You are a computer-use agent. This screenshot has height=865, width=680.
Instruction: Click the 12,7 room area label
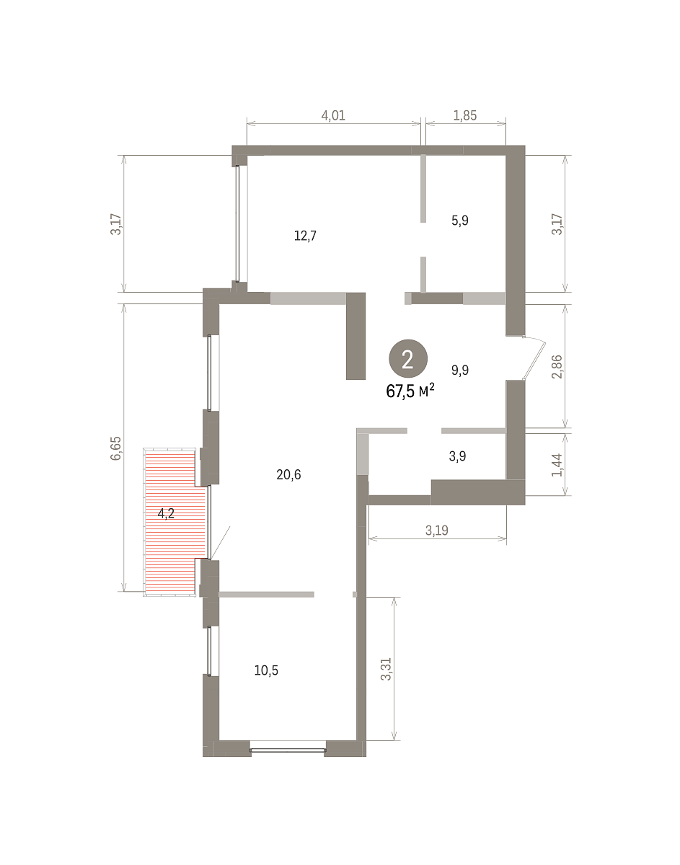click(x=305, y=236)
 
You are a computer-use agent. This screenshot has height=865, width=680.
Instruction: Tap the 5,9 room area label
click(x=460, y=221)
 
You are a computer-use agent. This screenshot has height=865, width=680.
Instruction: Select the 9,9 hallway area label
click(x=460, y=371)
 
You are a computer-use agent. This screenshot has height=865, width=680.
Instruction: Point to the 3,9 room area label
click(x=457, y=456)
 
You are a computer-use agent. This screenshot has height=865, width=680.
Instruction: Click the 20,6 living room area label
click(x=288, y=474)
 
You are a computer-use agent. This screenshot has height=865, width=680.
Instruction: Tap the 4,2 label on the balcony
click(x=166, y=513)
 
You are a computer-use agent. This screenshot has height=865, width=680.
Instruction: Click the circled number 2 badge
click(x=408, y=359)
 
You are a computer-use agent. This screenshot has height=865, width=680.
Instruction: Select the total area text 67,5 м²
click(x=410, y=391)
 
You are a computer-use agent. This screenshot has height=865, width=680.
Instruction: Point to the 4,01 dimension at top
click(x=333, y=115)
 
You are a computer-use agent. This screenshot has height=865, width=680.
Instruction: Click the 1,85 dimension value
click(x=465, y=115)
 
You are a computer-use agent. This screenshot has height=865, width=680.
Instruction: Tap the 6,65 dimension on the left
click(x=116, y=448)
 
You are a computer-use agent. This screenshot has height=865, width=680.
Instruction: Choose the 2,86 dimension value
click(x=557, y=367)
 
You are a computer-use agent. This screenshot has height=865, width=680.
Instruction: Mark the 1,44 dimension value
click(x=557, y=465)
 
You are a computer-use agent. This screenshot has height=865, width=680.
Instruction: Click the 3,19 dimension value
click(x=437, y=531)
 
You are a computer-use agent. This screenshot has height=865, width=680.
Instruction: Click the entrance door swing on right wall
click(x=534, y=358)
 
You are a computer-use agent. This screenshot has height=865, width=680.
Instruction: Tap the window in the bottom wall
click(x=288, y=750)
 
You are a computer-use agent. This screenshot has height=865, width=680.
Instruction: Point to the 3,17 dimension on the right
click(x=557, y=224)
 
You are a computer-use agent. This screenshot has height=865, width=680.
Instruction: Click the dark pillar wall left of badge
click(x=356, y=336)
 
